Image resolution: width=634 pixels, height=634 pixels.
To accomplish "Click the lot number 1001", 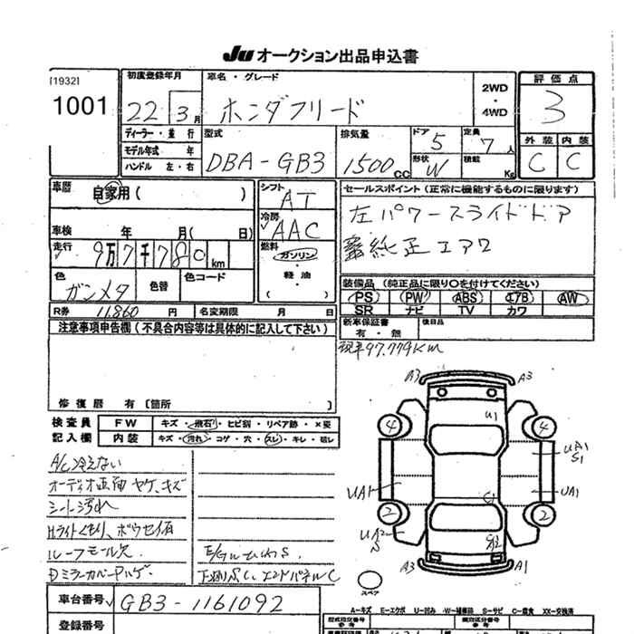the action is click(x=80, y=107).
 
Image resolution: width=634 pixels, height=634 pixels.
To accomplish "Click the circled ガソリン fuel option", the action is click(x=293, y=255).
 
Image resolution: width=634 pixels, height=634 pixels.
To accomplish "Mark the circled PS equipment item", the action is click(x=365, y=297).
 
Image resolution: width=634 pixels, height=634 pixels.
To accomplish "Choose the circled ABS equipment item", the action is click(x=467, y=297).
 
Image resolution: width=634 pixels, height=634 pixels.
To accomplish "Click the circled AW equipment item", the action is click(x=568, y=297).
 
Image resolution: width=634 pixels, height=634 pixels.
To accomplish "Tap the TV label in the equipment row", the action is click(x=466, y=310).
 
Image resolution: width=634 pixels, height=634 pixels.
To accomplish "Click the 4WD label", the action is click(x=495, y=113).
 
